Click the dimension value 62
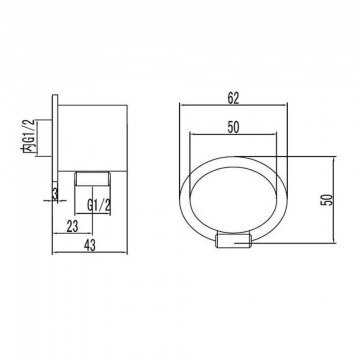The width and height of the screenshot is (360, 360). point(234,98)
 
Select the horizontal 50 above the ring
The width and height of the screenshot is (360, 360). point(233,128)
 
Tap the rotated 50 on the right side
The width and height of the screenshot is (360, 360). point(328,199)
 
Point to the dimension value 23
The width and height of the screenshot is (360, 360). point(72,226)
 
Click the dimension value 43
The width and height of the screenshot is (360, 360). point(90,246)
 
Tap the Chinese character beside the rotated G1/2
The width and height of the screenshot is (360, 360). point(30,149)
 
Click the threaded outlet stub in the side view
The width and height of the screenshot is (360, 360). point(92,178)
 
